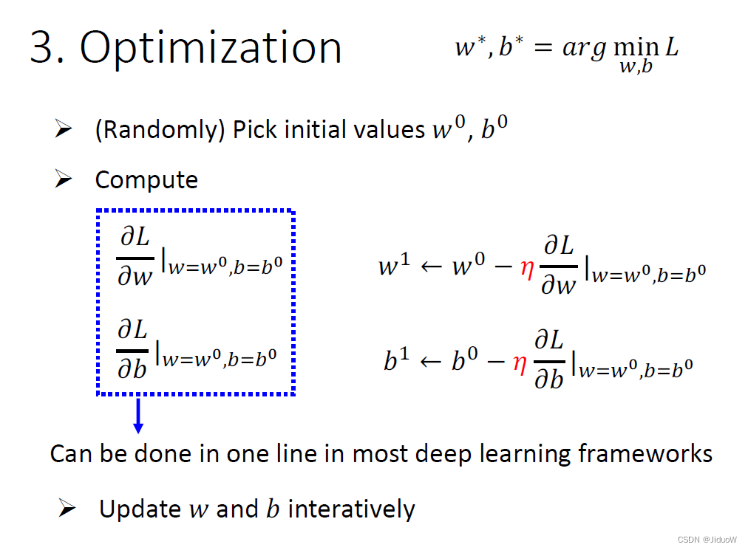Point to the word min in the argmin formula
pos(638,48)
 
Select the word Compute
pos(146,180)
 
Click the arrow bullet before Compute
pos(64,179)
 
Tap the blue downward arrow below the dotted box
pos(137,416)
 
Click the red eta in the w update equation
pos(527,267)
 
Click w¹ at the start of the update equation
pos(393,267)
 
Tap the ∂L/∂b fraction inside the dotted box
pos(133,349)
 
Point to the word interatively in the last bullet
pos(351,509)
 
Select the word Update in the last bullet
pos(140,509)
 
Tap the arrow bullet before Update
pos(67,508)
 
